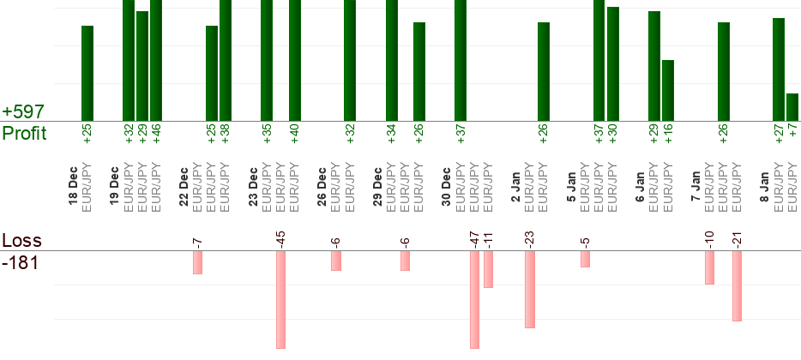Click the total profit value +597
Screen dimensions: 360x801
pyautogui.click(x=24, y=112)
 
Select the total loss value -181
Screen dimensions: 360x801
pyautogui.click(x=20, y=262)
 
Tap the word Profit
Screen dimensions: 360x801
pyautogui.click(x=24, y=133)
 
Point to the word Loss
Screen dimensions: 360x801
pyautogui.click(x=21, y=240)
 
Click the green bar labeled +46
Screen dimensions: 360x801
pyautogui.click(x=156, y=60)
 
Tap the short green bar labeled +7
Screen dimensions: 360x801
pyautogui.click(x=792, y=107)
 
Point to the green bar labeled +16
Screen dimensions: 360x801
pyautogui.click(x=668, y=90)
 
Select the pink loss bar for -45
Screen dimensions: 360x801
pyautogui.click(x=280, y=299)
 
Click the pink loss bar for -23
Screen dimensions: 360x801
pyautogui.click(x=530, y=289)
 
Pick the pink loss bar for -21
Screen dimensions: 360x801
pyautogui.click(x=737, y=285)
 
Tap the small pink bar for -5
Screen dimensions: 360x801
pyautogui.click(x=585, y=259)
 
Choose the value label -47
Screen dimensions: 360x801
pyautogui.click(x=474, y=239)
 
